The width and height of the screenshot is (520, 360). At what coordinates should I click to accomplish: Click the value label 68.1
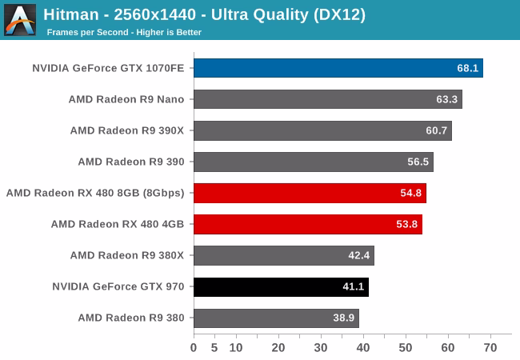pos(468,68)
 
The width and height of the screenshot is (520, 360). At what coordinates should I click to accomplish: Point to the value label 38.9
pos(344,318)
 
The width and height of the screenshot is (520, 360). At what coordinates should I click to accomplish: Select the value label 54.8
pos(411,193)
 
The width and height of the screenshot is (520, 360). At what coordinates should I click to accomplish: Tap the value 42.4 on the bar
pos(359,255)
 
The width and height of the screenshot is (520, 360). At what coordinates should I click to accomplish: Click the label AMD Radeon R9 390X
pos(127,130)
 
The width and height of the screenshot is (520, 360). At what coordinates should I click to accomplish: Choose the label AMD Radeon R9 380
pos(131,318)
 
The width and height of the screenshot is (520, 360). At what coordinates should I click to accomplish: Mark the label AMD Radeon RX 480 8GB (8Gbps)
pos(95,193)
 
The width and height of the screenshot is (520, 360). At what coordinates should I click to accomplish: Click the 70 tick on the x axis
pos(490,347)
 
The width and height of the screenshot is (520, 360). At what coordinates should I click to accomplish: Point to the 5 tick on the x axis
pos(214,347)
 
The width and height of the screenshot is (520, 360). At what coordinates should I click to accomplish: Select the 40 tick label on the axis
pos(363,347)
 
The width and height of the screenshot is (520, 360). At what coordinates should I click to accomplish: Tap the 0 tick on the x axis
pos(194,347)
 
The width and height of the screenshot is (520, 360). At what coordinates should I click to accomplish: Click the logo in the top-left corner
pos(19,19)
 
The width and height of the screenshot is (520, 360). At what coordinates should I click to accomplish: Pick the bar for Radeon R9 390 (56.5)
pos(312,162)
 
